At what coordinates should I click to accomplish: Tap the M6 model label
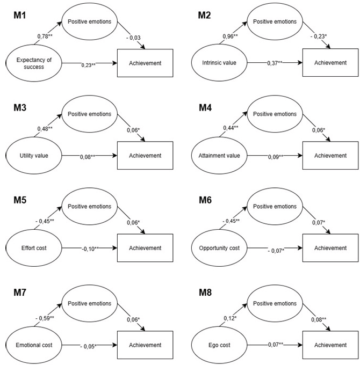[206, 200]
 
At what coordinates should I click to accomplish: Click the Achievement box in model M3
[145, 156]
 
